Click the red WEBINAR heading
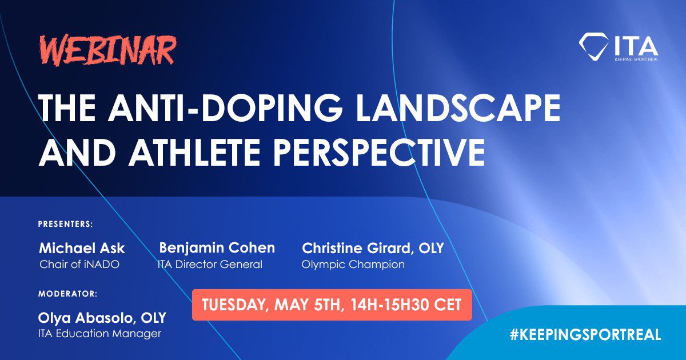(x=109, y=50)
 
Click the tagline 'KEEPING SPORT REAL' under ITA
(x=636, y=59)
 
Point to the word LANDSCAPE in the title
(x=458, y=108)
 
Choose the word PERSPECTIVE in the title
(x=380, y=152)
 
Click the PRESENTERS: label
(x=66, y=224)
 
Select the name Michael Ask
(x=82, y=248)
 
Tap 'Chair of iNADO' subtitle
(x=79, y=265)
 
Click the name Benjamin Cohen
(x=217, y=248)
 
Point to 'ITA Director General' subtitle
(x=210, y=265)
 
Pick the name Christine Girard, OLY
(x=373, y=248)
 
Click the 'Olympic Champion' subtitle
(x=353, y=265)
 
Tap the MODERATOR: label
(x=67, y=294)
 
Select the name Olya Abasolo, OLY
(x=102, y=318)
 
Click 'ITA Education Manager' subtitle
(x=99, y=334)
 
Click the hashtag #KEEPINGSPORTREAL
(x=585, y=334)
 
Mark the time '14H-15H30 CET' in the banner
(x=406, y=305)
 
